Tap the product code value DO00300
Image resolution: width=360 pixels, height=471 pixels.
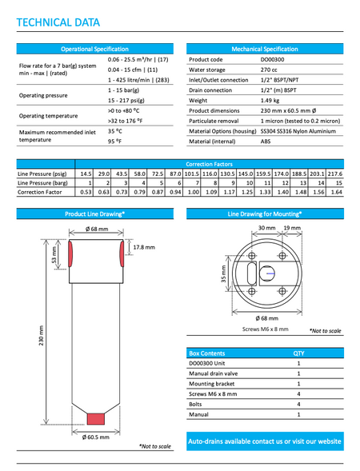click(273, 59)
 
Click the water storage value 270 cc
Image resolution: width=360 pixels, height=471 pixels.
click(268, 70)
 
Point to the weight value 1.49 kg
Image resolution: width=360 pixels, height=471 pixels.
click(270, 101)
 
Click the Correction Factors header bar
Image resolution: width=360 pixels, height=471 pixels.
click(209, 163)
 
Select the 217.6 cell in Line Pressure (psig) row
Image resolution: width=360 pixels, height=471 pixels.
click(334, 173)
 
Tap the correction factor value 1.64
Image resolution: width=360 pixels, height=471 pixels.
click(336, 192)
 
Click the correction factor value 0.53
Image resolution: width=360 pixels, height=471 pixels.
click(86, 192)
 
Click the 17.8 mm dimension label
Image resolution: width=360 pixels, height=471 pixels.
click(144, 246)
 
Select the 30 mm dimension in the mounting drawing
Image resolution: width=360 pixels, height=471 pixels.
click(266, 228)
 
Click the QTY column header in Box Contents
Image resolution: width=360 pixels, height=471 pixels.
click(298, 352)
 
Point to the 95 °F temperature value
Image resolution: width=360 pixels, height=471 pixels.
click(114, 142)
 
